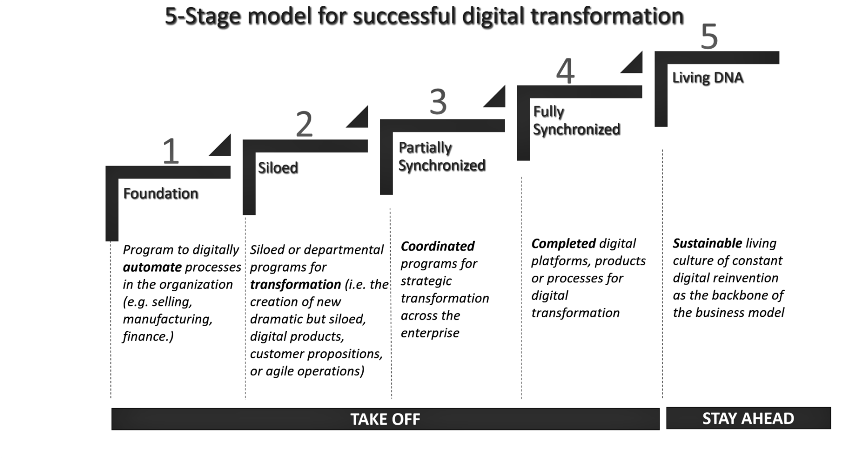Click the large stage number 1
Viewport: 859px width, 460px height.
(x=170, y=151)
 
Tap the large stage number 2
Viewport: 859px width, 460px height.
(x=304, y=124)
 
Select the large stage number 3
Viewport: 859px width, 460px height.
(x=438, y=102)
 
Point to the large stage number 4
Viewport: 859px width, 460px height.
(x=565, y=72)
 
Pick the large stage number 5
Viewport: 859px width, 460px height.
(x=709, y=37)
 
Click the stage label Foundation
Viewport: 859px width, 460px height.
(x=161, y=194)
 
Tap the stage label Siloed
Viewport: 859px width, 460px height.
(x=278, y=168)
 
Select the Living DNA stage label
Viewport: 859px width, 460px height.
(x=708, y=78)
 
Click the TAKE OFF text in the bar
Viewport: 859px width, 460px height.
(x=385, y=419)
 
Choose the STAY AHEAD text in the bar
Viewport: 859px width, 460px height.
(x=748, y=418)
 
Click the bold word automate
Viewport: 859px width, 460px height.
(x=152, y=267)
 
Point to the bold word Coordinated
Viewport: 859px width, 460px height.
(x=438, y=246)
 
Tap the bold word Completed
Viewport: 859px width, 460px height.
(x=563, y=243)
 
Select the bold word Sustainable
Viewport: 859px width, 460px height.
(x=707, y=243)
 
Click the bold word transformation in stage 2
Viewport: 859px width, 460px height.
(x=295, y=285)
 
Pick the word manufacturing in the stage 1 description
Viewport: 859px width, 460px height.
(x=167, y=319)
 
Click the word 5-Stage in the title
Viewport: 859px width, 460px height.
(x=203, y=17)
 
